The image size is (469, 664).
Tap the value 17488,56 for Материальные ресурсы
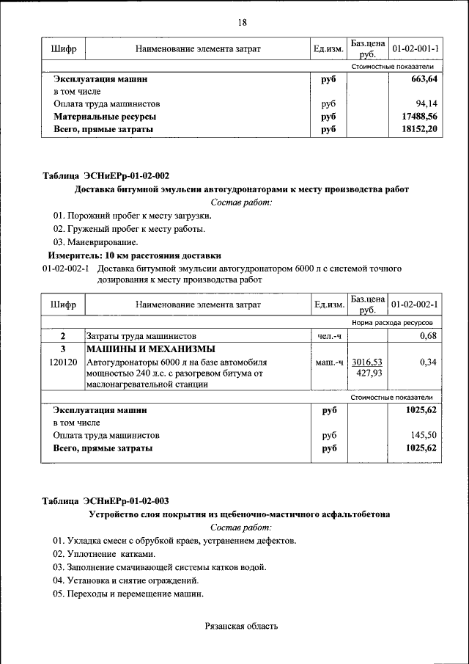coord(420,117)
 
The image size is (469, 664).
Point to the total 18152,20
coord(420,129)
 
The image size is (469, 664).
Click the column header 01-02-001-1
coord(415,48)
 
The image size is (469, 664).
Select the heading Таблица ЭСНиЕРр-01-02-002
coord(106,176)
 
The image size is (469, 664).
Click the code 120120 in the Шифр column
coord(63,362)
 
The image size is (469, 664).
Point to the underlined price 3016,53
coord(367,362)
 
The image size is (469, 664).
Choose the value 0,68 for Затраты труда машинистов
coord(428,336)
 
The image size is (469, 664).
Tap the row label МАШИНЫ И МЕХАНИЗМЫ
coord(150,349)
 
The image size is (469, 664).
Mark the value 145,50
coord(424,435)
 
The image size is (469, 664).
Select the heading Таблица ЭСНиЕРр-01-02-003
coord(106,501)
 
